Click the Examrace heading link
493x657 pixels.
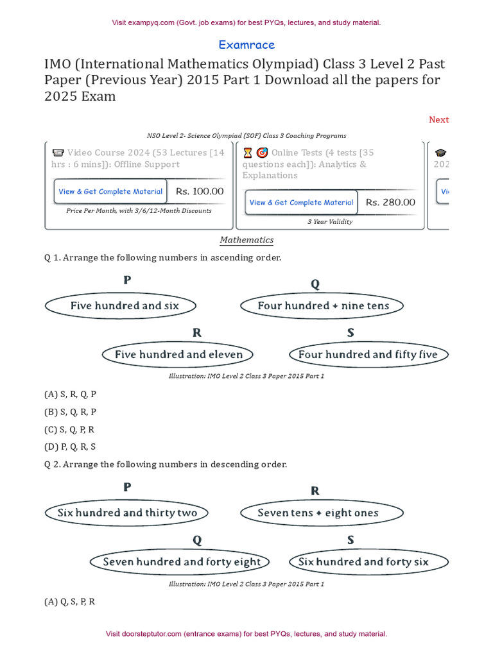(x=246, y=45)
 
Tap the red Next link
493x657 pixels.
(x=438, y=119)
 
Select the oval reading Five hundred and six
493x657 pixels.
(x=121, y=306)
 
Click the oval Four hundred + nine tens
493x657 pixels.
(x=323, y=306)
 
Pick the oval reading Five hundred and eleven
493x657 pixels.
(x=178, y=354)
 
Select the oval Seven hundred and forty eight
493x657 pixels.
(x=182, y=562)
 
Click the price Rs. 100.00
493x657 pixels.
(x=200, y=191)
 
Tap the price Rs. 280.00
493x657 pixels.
(x=390, y=202)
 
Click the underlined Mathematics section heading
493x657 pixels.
(x=246, y=240)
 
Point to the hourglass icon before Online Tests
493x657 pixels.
(x=248, y=153)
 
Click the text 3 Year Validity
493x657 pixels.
(x=329, y=222)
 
